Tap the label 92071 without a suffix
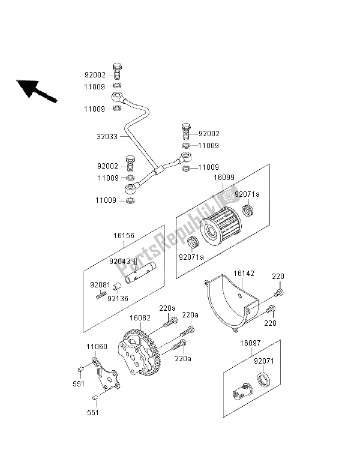[265, 362]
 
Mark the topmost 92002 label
[94, 76]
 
